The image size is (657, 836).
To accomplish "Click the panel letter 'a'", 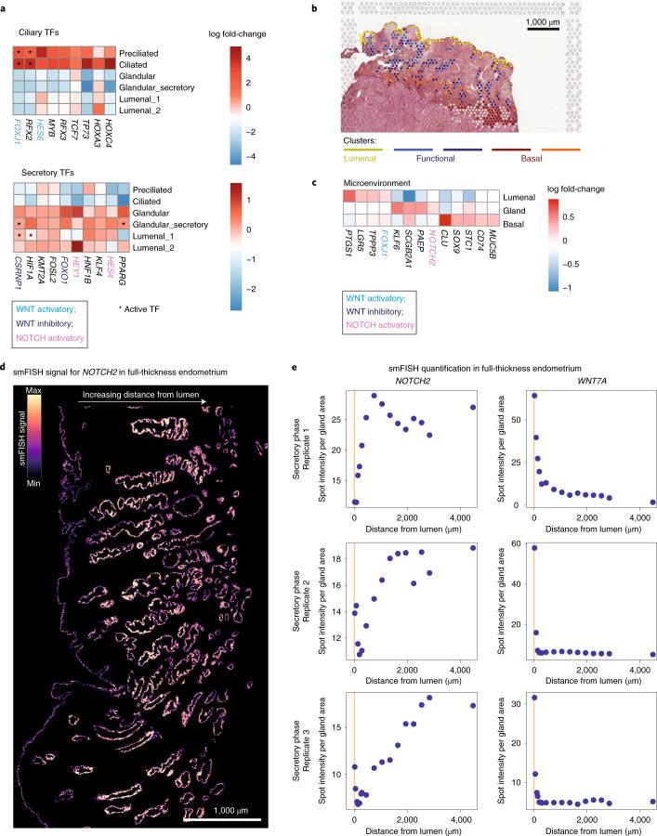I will [x=6, y=7].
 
